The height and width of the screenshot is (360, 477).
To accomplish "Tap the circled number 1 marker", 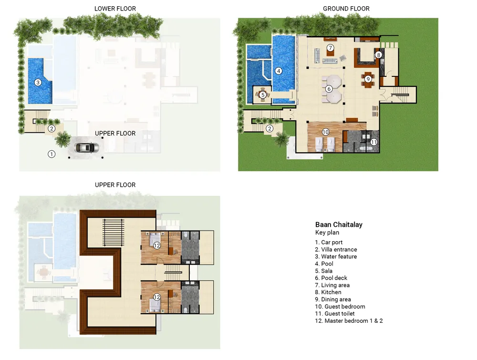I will pos(52,154).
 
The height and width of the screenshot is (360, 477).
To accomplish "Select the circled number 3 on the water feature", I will pos(38,83).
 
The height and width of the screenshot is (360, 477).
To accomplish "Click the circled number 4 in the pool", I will pos(279,71).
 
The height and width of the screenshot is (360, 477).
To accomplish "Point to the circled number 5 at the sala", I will pos(263,95).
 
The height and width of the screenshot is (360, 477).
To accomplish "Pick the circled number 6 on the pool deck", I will pos(329,89).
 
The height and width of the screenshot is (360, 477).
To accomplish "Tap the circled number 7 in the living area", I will pos(330,48).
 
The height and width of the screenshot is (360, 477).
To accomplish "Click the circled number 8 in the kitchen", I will pos(378,55).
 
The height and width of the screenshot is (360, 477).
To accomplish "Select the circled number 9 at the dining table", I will pos(368,79).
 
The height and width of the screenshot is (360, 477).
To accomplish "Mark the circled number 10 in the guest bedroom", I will pos(326,132).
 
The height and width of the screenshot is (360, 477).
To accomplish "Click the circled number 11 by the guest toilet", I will pos(374,142).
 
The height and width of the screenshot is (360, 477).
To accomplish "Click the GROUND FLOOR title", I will pos(346,9).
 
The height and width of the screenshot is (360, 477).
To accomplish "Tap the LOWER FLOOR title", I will pos(115,9).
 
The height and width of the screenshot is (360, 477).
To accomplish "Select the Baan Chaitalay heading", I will pos(339,225).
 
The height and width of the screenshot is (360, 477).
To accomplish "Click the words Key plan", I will pos(327,233).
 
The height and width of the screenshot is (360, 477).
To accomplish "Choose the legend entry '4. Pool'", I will pos(324,264).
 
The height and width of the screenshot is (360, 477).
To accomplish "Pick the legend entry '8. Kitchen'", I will pos(328,292).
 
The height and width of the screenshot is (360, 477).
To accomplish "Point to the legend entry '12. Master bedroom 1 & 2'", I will pos(349,321).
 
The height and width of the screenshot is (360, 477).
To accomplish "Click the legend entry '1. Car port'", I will pos(329,242).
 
